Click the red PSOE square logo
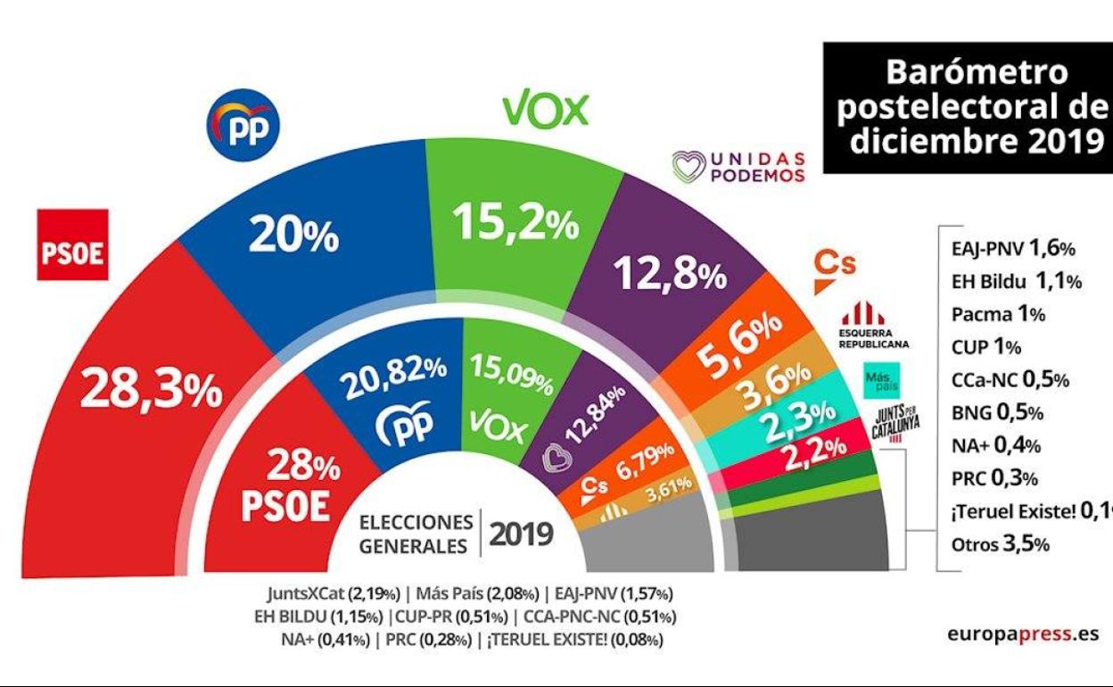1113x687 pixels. click(73, 244)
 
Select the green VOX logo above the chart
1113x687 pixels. click(546, 110)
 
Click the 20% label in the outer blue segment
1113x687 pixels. click(293, 235)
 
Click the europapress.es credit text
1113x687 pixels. click(1022, 634)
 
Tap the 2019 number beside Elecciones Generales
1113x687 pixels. click(522, 534)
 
